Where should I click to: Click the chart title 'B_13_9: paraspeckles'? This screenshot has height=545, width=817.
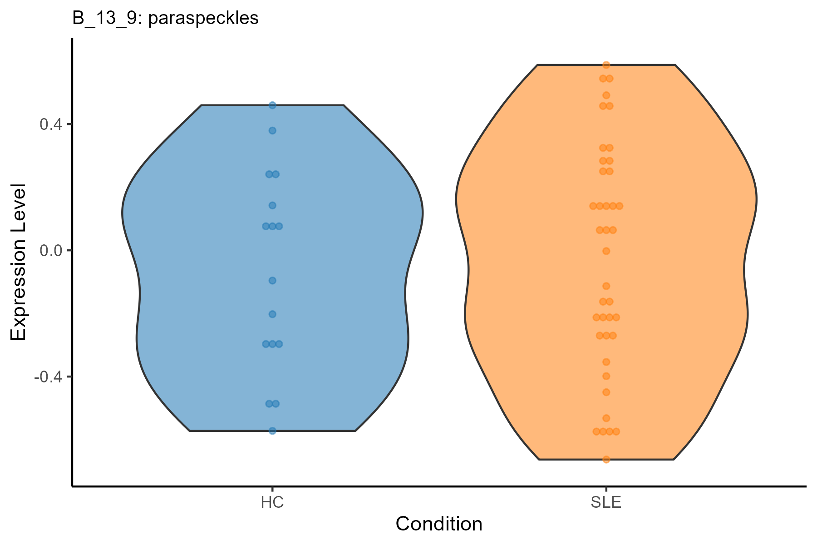[x=165, y=18]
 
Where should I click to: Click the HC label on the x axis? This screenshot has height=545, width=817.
[x=272, y=503]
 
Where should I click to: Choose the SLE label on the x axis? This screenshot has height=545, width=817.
[x=606, y=503]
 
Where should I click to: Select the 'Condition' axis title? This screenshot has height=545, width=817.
[x=439, y=524]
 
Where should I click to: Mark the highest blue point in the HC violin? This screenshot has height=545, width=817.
[x=272, y=105]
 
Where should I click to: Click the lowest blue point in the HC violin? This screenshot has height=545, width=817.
[x=272, y=431]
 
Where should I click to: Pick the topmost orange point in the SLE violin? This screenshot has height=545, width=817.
[x=606, y=65]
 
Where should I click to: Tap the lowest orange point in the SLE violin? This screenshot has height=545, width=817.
[x=606, y=459]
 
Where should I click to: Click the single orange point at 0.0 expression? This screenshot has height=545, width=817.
[x=606, y=251]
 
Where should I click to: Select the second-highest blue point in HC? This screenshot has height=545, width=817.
[x=272, y=131]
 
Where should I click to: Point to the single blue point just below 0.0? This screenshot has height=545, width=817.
[x=272, y=280]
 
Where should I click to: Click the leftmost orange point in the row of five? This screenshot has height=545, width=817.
[x=593, y=206]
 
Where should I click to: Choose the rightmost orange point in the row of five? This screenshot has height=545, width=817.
[x=620, y=206]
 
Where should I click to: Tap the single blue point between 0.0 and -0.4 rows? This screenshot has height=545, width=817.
[x=272, y=314]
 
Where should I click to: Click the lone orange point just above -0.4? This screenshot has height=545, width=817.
[x=606, y=362]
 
